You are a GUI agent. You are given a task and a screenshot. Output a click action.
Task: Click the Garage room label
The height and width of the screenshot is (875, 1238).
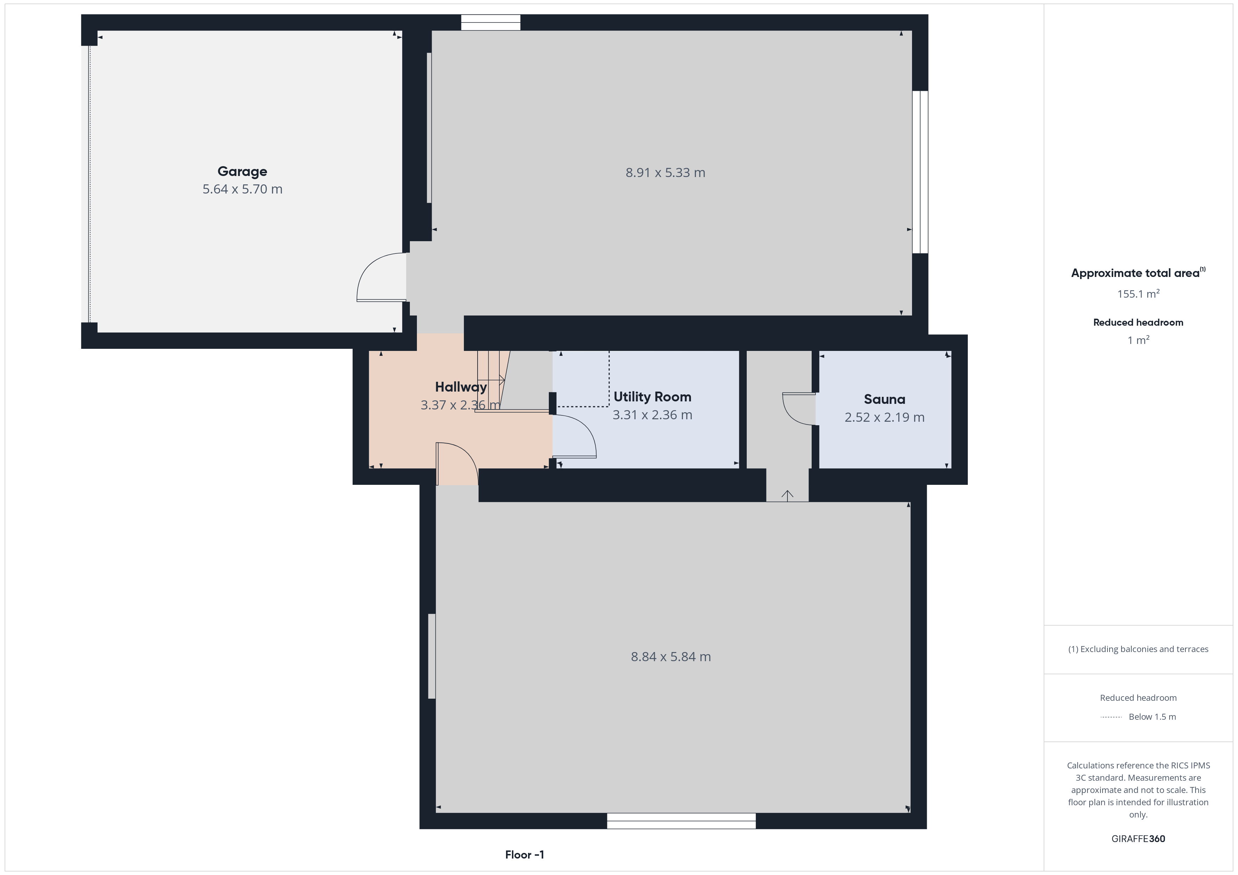click(242, 171)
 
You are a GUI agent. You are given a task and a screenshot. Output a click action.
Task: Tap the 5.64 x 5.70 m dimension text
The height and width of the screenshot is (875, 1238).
click(242, 189)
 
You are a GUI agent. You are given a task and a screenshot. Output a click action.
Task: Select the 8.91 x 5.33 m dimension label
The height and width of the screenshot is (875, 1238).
click(665, 172)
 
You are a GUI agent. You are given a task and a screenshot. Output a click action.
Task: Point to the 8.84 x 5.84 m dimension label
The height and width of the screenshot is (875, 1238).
click(671, 657)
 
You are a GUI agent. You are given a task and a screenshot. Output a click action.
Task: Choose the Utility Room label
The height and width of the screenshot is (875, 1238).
click(652, 397)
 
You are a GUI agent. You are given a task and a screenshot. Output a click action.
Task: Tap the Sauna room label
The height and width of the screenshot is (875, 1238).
click(884, 399)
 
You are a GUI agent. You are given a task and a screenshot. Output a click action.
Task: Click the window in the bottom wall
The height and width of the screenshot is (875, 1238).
click(681, 821)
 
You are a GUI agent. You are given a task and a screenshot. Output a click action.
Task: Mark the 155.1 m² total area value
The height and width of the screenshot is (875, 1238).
click(1138, 294)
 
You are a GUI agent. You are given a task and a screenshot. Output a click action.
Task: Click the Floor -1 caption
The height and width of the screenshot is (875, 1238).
click(524, 855)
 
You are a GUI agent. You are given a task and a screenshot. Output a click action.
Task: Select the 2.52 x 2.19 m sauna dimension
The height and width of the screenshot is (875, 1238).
click(884, 417)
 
